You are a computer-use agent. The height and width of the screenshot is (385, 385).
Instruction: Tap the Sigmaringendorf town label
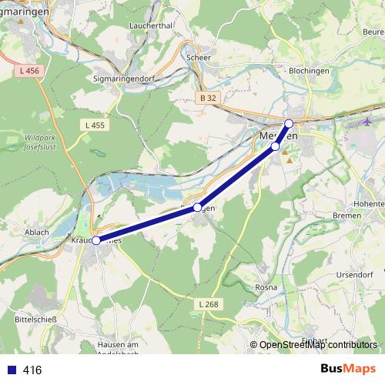[126, 78]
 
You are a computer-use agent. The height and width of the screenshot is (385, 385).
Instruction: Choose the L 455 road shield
[95, 125]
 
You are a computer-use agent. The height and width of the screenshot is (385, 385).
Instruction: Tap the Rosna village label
[266, 287]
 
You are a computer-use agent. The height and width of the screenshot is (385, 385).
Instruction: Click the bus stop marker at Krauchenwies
[96, 240]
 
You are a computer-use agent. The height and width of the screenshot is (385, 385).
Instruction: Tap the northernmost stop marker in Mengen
[289, 123]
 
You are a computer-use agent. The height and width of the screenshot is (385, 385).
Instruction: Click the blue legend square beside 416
[12, 370]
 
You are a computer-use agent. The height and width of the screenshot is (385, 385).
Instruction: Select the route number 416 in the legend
[32, 370]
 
